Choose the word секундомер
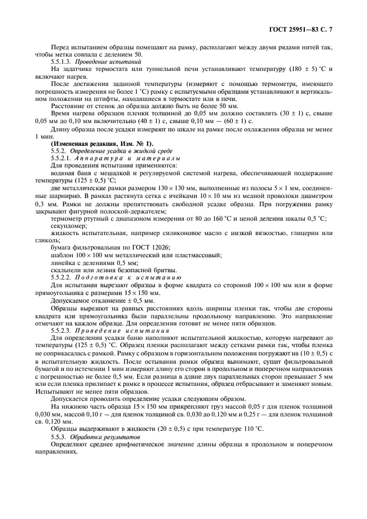point(69,226)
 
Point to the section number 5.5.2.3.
point(62,330)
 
